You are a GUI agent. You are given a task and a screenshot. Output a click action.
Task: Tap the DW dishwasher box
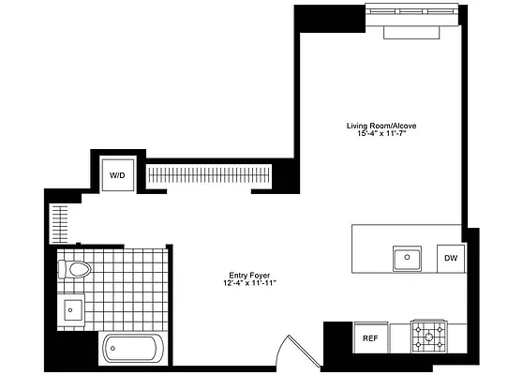click(x=450, y=258)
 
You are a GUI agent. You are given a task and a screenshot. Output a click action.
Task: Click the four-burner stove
click(x=431, y=336)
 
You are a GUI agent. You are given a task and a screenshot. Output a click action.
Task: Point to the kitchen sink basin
click(x=408, y=256)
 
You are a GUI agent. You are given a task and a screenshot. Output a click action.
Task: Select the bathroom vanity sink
click(x=71, y=307)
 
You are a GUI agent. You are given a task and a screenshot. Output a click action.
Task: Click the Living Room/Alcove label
click(x=380, y=125)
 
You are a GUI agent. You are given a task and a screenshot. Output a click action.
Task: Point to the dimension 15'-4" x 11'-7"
click(x=380, y=134)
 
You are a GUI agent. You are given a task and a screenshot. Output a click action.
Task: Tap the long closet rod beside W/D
click(x=209, y=174)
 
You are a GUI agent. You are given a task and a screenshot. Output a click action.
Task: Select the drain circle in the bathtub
click(x=113, y=352)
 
